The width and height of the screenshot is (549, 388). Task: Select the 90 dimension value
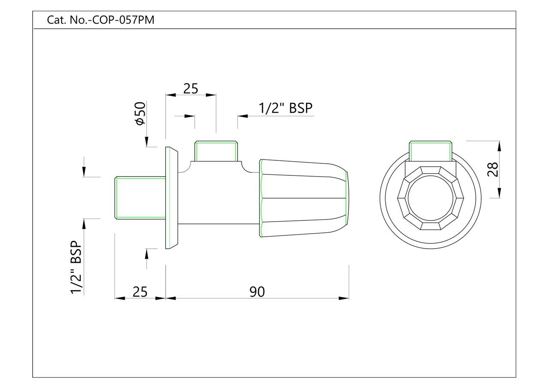[x=257, y=292]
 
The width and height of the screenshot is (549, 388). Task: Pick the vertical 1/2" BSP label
[x=76, y=267]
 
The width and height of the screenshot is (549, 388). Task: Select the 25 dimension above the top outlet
[x=190, y=88]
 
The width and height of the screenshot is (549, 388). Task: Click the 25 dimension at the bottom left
[x=140, y=292]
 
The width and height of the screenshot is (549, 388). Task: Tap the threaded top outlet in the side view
[x=216, y=151]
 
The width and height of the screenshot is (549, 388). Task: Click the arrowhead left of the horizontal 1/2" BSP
[x=243, y=116]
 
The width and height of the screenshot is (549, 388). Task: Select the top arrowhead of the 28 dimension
[x=499, y=146]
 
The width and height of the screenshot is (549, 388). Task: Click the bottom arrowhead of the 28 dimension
[x=499, y=192]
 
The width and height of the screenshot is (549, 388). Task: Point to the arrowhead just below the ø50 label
[x=146, y=142]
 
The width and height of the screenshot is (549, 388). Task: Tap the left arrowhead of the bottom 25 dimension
[x=120, y=298]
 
